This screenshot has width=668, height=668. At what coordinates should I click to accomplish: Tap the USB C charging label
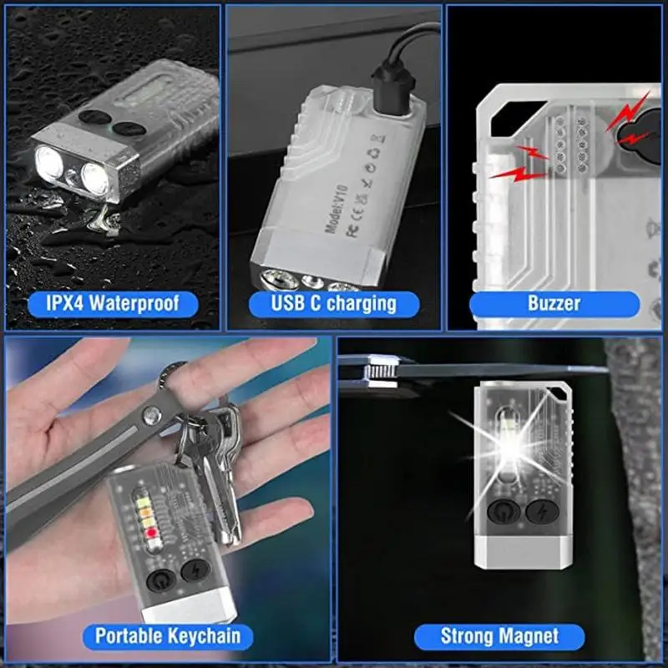click(x=333, y=302)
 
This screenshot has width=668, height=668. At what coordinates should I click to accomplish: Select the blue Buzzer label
click(x=554, y=302)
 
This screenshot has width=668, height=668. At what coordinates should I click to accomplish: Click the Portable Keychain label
click(x=168, y=635)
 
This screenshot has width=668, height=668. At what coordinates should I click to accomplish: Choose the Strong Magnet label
click(x=499, y=636)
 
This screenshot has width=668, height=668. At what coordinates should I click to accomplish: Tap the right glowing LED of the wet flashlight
click(x=95, y=178)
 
